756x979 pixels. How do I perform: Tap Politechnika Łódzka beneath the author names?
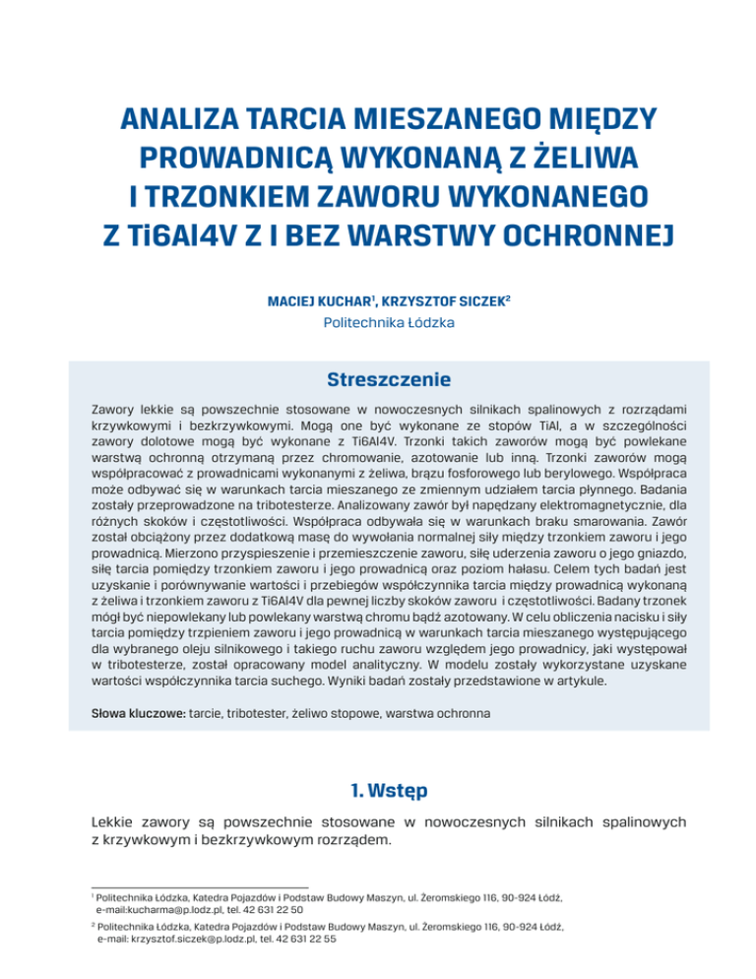point(377,319)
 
